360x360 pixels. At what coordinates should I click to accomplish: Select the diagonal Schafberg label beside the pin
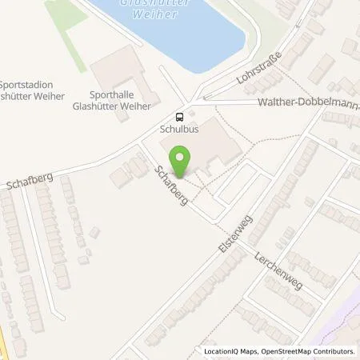click(x=171, y=185)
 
